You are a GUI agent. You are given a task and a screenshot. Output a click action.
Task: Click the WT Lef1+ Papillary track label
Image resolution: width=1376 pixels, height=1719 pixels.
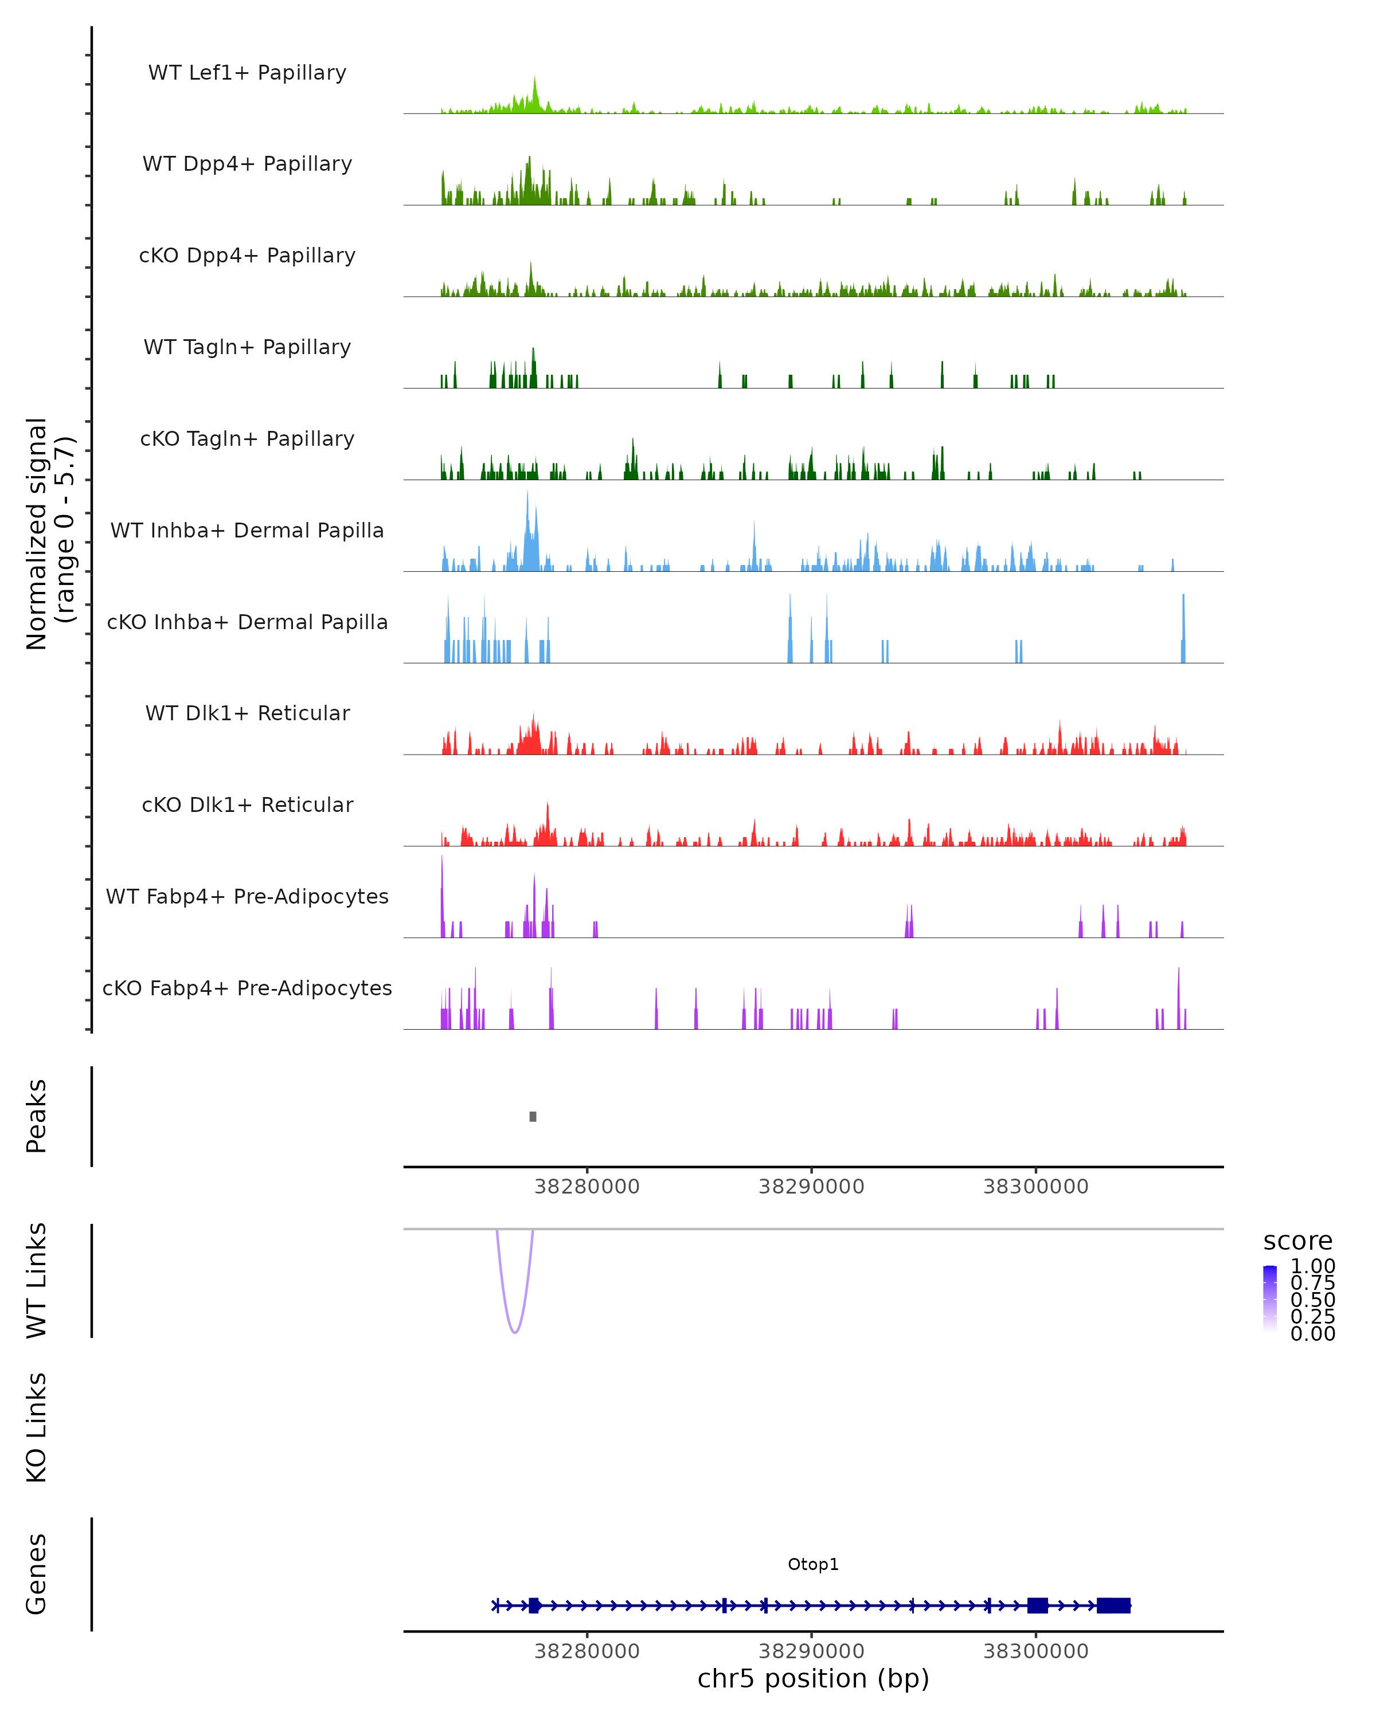point(247,73)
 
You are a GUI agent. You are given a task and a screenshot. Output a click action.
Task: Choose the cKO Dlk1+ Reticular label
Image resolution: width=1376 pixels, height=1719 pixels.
point(247,804)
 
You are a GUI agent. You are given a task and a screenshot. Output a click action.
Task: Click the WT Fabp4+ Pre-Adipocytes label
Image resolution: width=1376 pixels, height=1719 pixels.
point(247,896)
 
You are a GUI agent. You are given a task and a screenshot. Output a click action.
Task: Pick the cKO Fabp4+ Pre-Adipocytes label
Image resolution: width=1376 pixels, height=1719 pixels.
point(247,988)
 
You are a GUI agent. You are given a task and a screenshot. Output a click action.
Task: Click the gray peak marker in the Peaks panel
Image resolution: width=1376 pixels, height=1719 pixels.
point(533,1116)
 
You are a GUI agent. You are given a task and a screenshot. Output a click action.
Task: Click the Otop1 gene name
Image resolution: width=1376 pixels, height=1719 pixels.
point(813,1564)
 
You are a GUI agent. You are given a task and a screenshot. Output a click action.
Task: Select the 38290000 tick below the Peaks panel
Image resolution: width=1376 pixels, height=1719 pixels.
point(811,1187)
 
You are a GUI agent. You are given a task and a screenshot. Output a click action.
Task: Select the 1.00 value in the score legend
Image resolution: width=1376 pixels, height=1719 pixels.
point(1312,1266)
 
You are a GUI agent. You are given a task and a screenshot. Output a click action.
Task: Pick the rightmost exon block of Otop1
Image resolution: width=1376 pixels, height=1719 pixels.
point(1113,1606)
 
